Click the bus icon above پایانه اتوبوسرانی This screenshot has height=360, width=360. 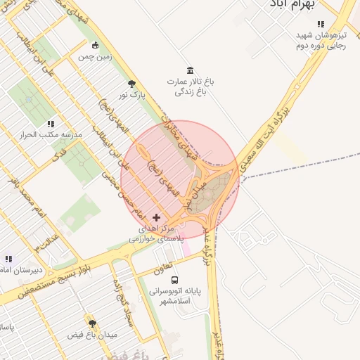[175, 279]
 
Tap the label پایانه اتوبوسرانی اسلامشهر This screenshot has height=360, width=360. [175, 295]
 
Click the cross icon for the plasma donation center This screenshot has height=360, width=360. [156, 217]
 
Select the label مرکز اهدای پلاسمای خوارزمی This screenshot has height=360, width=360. [156, 233]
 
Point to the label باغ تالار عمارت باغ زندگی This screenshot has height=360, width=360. [190, 86]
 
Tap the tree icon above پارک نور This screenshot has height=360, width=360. [131, 84]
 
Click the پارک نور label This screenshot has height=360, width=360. [131, 94]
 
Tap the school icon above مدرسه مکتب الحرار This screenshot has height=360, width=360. [51, 123]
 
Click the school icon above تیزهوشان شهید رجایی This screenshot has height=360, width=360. [321, 24]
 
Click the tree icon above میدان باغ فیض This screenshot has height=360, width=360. [91, 323]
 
